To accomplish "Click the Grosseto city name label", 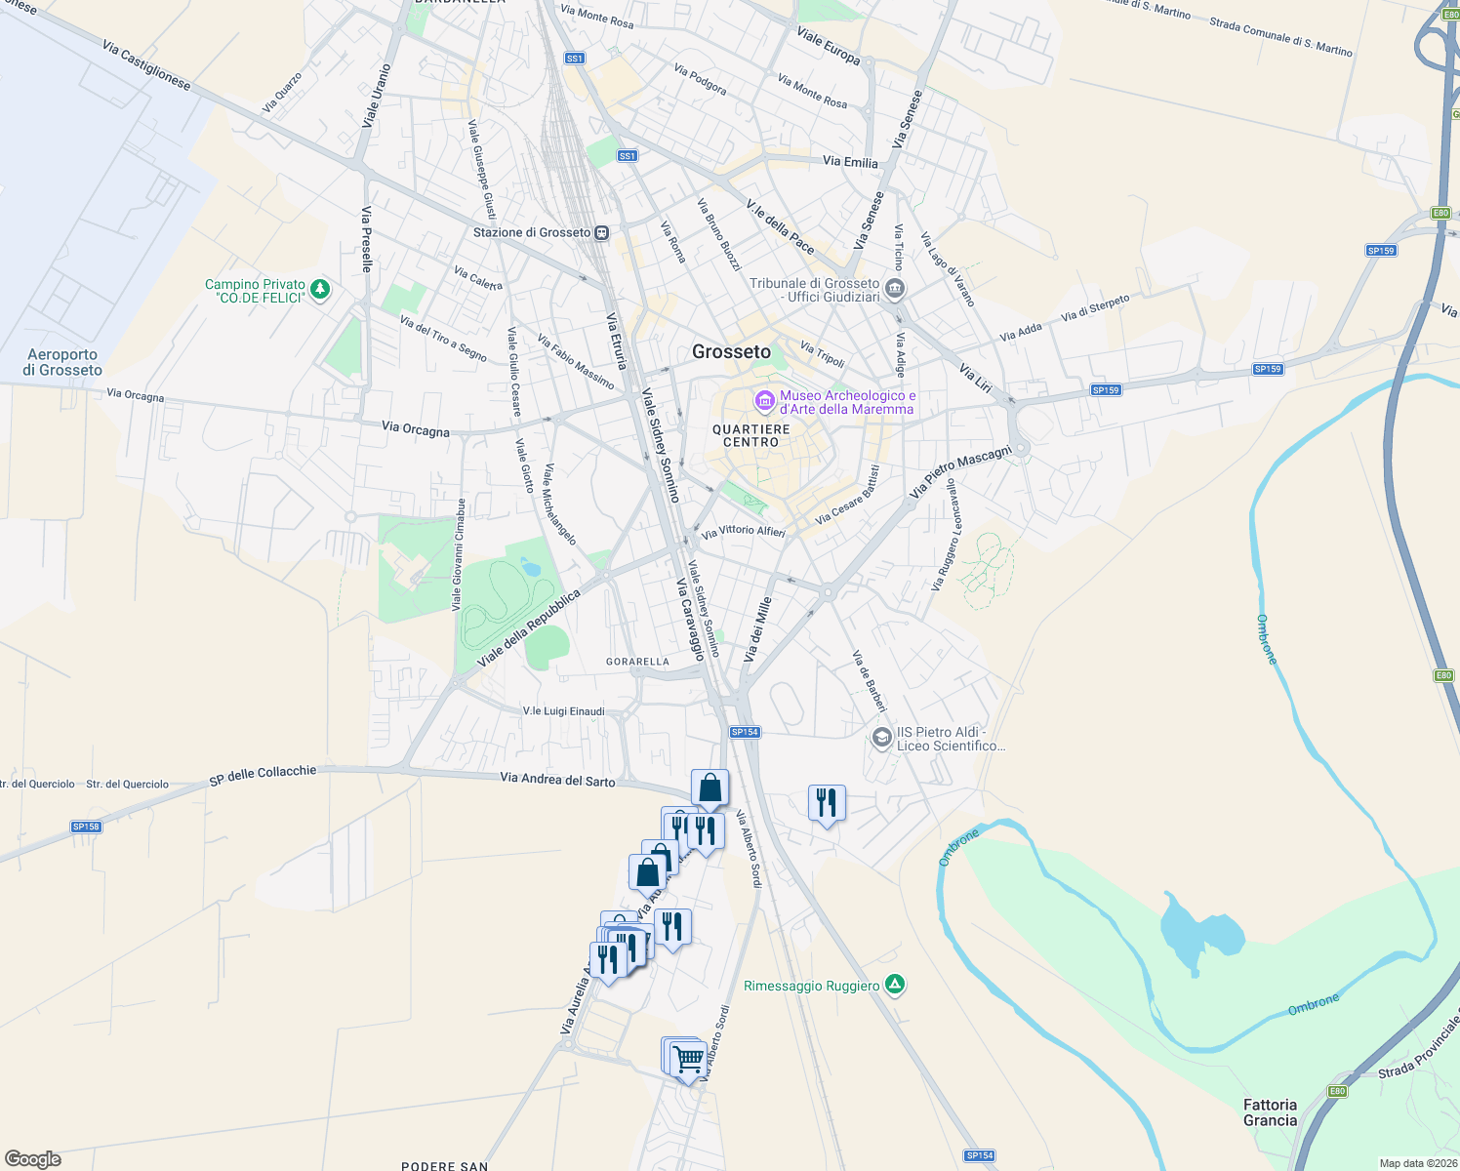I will pos(731,352).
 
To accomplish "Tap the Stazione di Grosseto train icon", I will pos(602,232).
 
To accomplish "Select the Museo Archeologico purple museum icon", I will pos(764,400).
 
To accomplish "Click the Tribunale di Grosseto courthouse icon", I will pos(895,290).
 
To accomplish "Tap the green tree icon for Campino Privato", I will pos(319,290).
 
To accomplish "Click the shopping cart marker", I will pos(689,1058).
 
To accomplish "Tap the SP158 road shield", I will pos(86,827).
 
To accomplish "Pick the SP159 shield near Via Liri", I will pos(1106,389).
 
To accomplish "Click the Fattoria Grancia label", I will pos(1270,1112).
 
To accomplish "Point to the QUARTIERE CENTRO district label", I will pos(751,435).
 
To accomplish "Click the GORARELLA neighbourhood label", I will pos(637,662).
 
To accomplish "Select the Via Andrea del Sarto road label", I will pos(557,779).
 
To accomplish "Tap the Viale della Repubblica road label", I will pos(529,628).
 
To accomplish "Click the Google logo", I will pos(33,1159).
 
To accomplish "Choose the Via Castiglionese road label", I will pos(146,64).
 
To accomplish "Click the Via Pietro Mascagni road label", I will pos(959,472).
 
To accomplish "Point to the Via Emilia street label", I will pos(850,162).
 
